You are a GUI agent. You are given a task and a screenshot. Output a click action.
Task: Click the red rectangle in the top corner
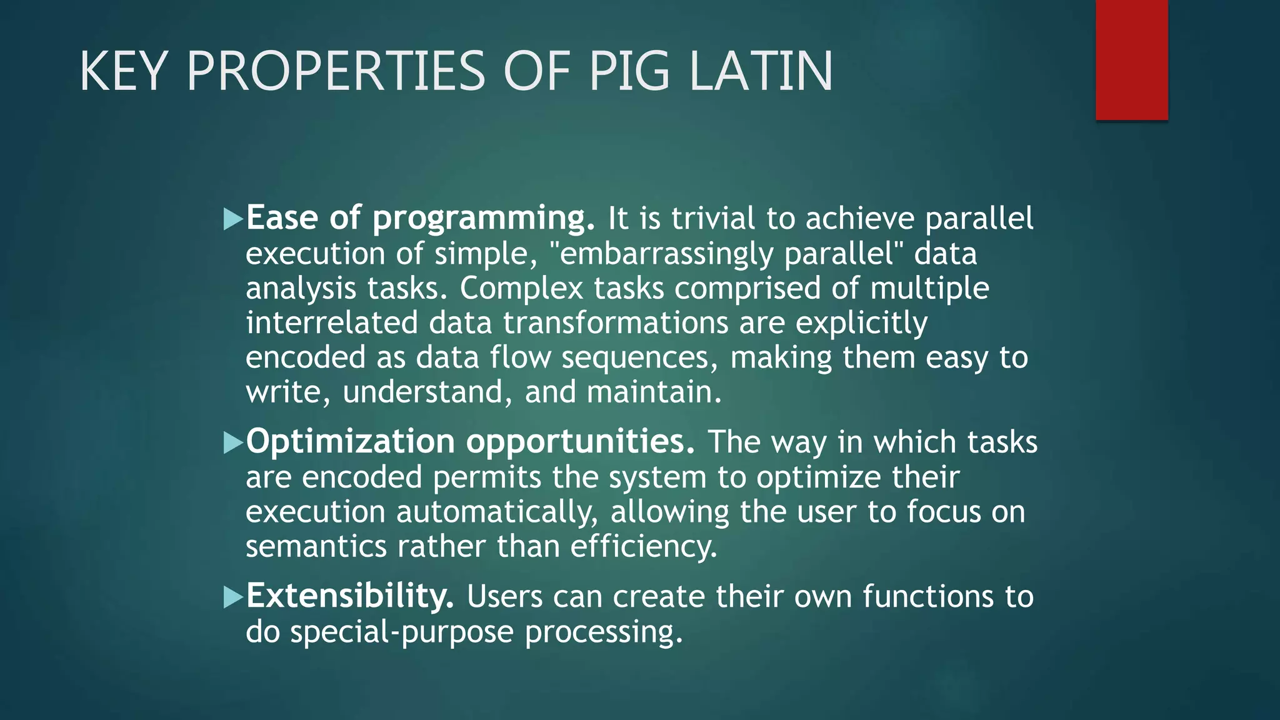click(x=1131, y=59)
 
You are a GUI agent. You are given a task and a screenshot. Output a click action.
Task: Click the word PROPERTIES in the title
click(x=336, y=71)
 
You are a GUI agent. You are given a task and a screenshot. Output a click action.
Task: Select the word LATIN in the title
click(x=761, y=71)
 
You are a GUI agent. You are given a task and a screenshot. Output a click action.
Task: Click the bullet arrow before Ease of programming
click(x=233, y=219)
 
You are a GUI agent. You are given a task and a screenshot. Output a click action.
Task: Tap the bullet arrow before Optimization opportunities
click(x=233, y=442)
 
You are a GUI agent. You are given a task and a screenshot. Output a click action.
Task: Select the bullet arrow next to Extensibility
click(x=233, y=597)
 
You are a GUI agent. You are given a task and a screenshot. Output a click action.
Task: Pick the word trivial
click(x=713, y=218)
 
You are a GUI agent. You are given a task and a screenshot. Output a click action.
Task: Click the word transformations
click(x=616, y=323)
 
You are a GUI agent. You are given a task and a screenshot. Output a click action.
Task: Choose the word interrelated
click(x=331, y=323)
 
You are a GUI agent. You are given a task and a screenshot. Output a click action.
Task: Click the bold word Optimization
click(x=350, y=442)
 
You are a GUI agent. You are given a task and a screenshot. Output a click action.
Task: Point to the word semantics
click(x=316, y=546)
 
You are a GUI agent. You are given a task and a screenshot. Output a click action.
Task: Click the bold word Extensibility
click(x=350, y=596)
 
